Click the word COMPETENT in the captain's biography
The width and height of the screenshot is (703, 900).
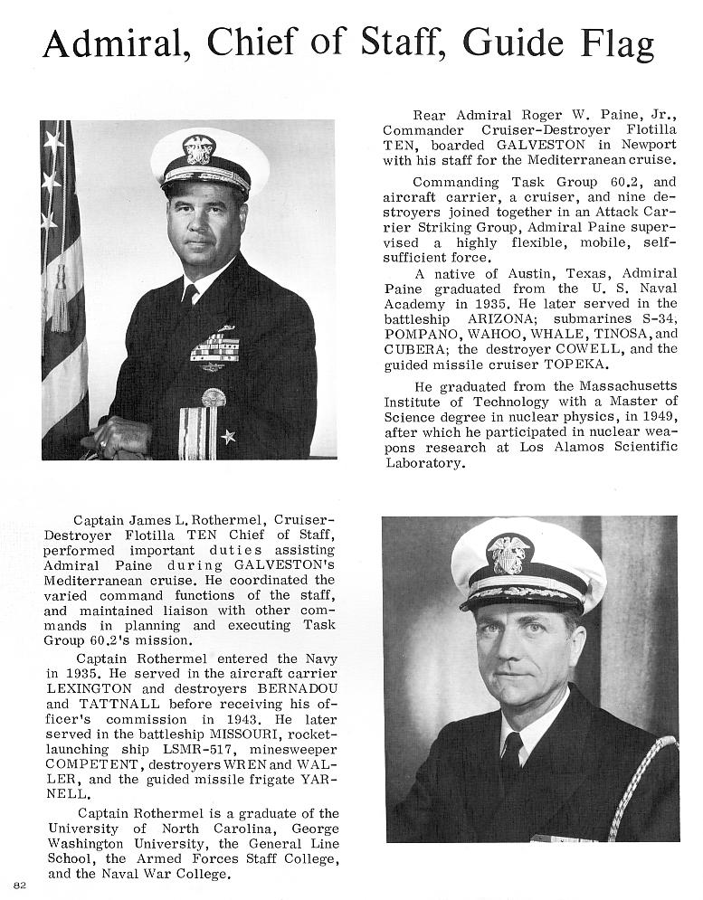92,764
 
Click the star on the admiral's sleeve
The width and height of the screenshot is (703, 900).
228,436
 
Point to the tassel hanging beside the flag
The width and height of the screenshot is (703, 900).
60,303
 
